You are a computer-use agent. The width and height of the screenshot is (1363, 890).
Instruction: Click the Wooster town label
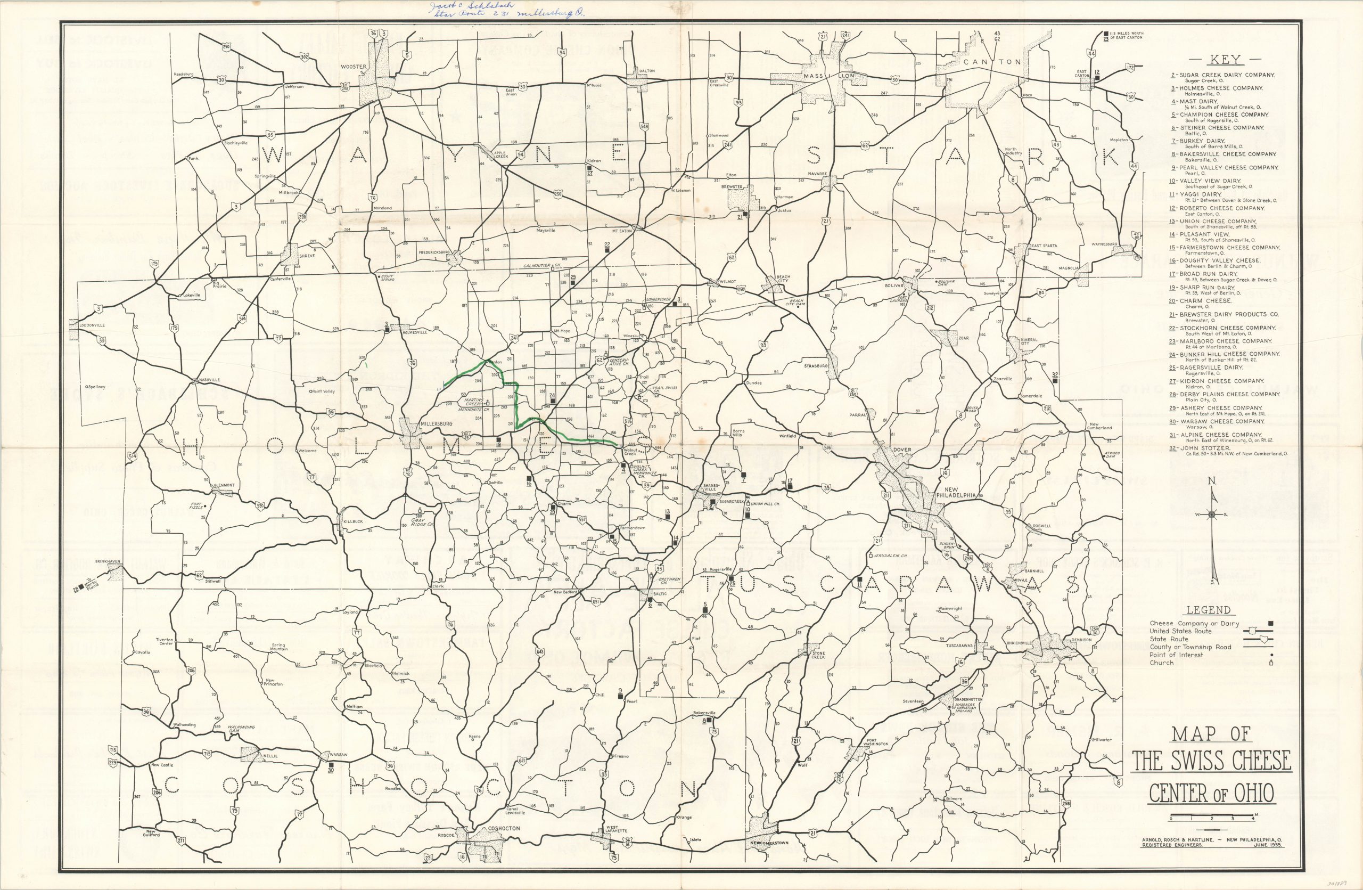[x=354, y=67]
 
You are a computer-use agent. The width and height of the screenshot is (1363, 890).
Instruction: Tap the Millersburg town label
[x=437, y=423]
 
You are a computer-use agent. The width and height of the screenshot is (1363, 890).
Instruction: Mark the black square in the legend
[x=1270, y=623]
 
